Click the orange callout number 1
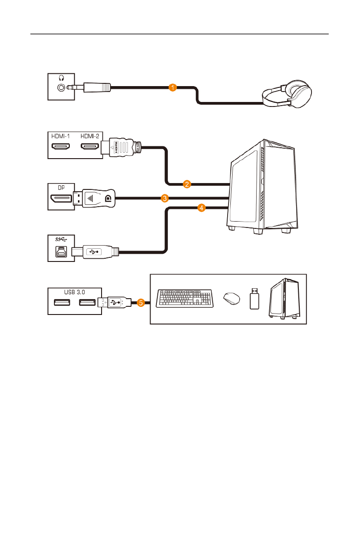click(x=172, y=87)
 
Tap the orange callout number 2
click(x=186, y=184)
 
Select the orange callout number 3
click(x=165, y=198)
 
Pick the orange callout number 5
click(x=141, y=303)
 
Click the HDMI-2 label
click(x=90, y=136)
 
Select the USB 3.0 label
click(x=75, y=291)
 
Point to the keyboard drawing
click(x=185, y=298)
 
